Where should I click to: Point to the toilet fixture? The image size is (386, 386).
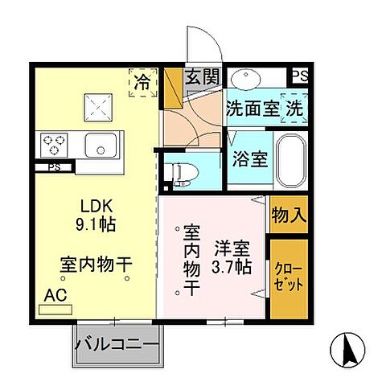176,174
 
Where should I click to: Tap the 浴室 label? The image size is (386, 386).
248,157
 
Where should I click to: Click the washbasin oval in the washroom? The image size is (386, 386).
244,80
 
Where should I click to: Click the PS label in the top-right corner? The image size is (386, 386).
299,76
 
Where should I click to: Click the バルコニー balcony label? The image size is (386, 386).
117,345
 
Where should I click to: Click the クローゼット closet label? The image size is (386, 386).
289,275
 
